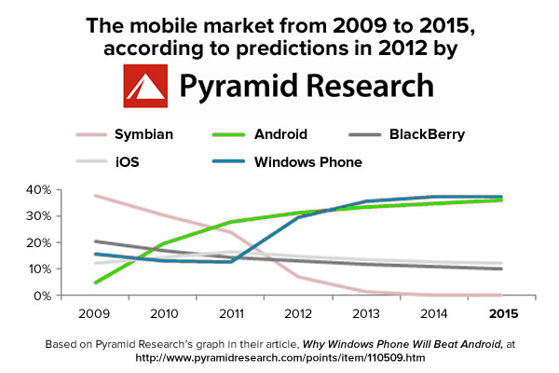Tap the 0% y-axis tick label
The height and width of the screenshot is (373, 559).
tap(42, 296)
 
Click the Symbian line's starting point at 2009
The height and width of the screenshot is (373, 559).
tap(96, 196)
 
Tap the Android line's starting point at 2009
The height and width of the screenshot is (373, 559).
tap(96, 283)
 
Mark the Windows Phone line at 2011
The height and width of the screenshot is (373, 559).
tap(231, 262)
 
